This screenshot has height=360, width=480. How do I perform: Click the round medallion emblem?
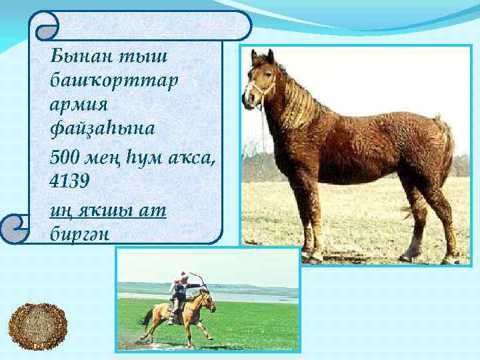[x=37, y=329]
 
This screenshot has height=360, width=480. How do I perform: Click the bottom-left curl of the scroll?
[x=13, y=227]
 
